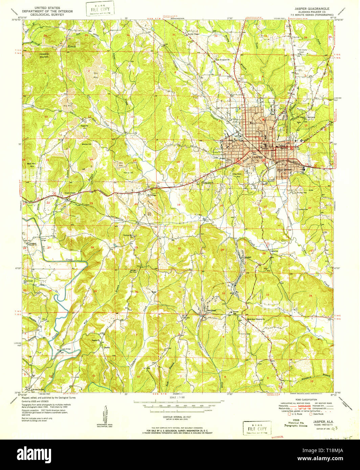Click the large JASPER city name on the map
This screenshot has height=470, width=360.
[257, 157]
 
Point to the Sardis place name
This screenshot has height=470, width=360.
[107, 347]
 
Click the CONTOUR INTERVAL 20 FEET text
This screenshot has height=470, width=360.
[179, 418]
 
